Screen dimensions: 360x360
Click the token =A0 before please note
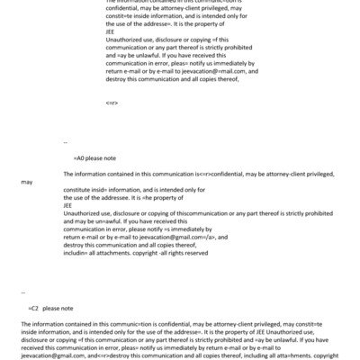(x=79, y=157)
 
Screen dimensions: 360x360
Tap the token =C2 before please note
(x=33, y=308)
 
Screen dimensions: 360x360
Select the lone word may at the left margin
(x=26, y=181)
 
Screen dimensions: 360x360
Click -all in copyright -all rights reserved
(x=160, y=254)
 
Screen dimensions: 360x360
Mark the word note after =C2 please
(x=67, y=308)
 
